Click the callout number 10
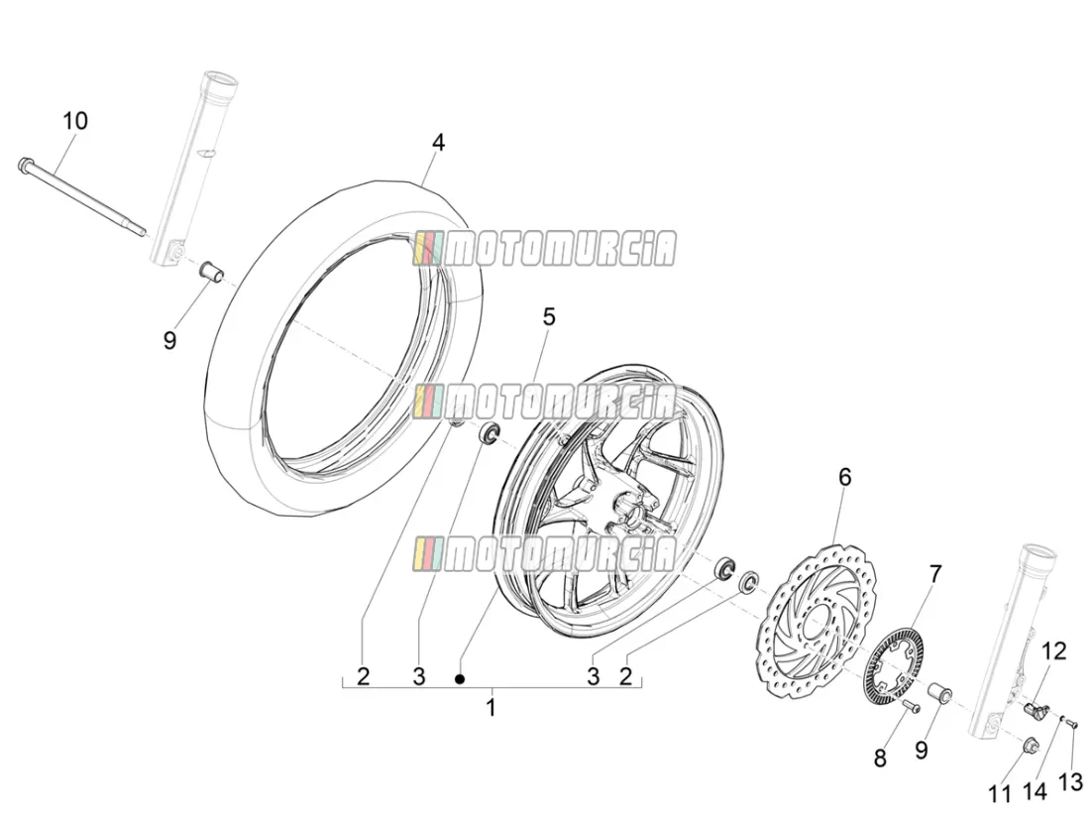point(75,121)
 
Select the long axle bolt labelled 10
point(82,197)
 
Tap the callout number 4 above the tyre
point(437,143)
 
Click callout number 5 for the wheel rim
point(550,317)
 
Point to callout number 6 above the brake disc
point(845,477)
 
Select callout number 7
point(935,575)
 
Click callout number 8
point(880,758)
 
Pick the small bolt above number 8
point(908,706)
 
